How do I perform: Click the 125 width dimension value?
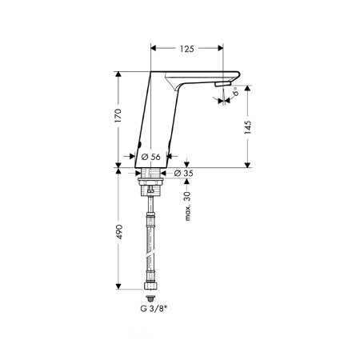pyautogui.click(x=186, y=49)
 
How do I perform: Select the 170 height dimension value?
pyautogui.click(x=118, y=115)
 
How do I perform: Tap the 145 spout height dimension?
pyautogui.click(x=248, y=127)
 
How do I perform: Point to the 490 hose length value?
pyautogui.click(x=118, y=232)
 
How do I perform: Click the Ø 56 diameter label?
pyautogui.click(x=151, y=157)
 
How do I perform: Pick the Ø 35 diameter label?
pyautogui.click(x=183, y=174)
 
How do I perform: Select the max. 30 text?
pyautogui.click(x=188, y=206)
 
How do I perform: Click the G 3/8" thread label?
pyautogui.click(x=154, y=309)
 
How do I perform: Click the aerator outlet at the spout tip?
pyautogui.click(x=222, y=84)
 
